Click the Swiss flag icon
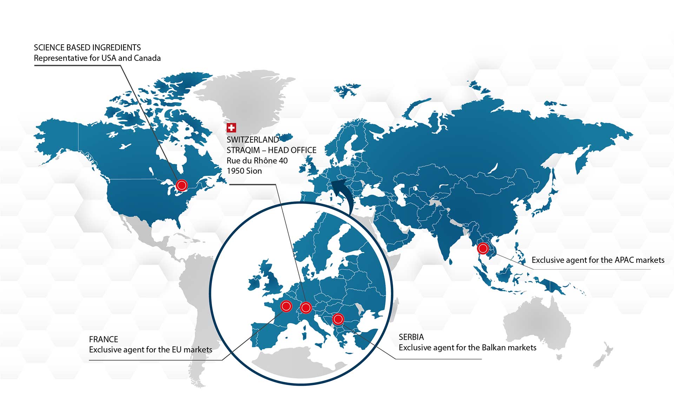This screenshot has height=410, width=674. (231, 128)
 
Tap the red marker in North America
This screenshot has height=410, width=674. (181, 185)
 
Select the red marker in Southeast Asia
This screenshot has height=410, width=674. (483, 248)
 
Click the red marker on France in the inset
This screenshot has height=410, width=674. (286, 306)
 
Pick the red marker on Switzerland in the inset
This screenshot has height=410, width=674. (306, 308)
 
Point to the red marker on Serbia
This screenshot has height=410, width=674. (338, 319)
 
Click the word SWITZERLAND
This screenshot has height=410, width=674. (252, 139)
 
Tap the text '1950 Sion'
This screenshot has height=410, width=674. (244, 171)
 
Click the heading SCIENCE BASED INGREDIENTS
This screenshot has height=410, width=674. (87, 47)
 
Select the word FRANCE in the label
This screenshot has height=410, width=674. (103, 339)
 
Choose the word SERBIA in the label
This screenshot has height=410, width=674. (411, 337)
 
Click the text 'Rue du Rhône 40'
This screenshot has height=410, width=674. (257, 161)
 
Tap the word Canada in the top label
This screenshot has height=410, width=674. (147, 58)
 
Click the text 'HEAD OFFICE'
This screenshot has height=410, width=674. (292, 150)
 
